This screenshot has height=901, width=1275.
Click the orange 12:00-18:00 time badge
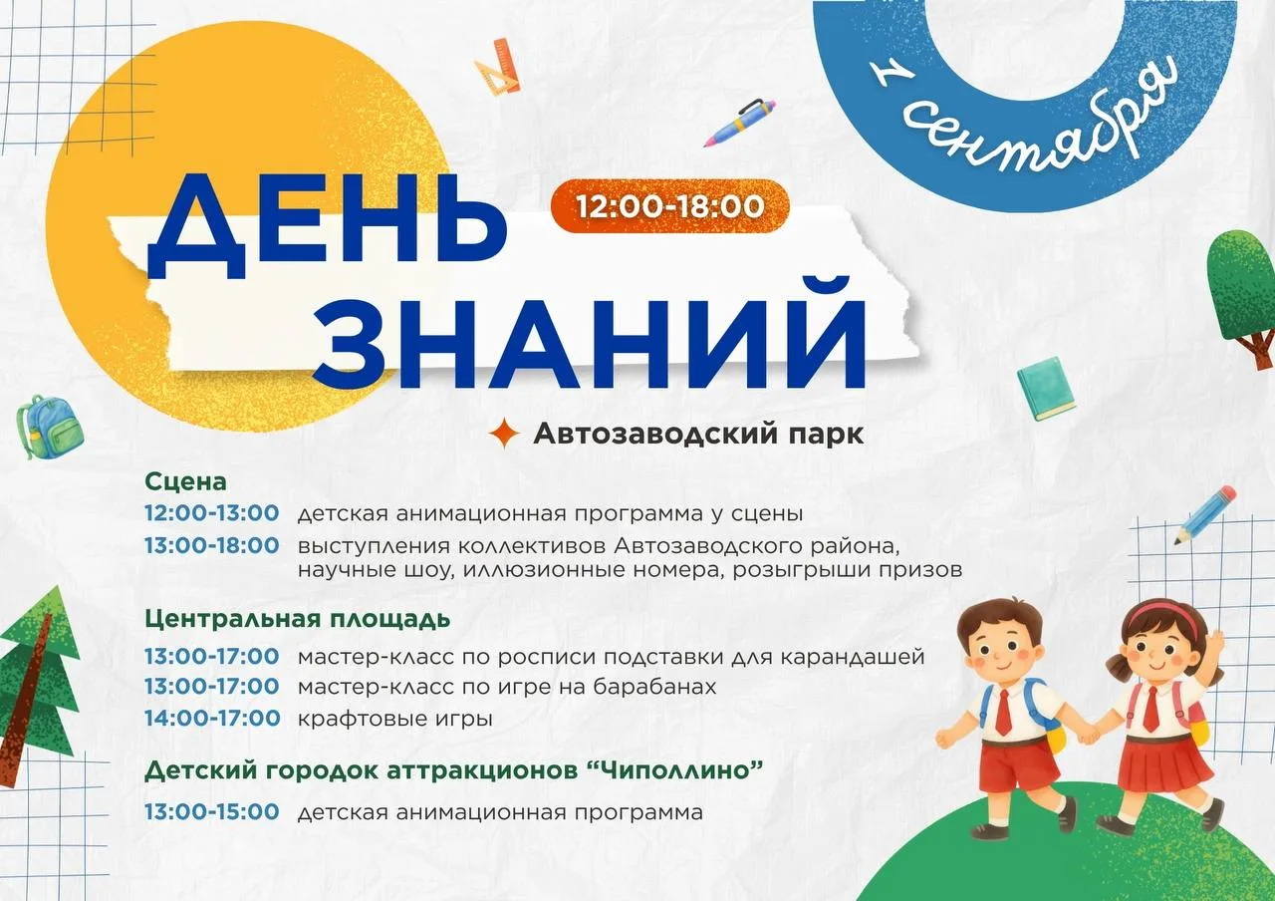(x=670, y=206)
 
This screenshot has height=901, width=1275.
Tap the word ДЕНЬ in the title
(x=327, y=226)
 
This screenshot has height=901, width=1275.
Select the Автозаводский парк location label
(x=698, y=434)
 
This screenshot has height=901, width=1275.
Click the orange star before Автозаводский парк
(x=504, y=433)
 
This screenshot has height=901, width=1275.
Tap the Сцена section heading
(x=185, y=481)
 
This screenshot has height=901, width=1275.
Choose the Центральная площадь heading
(x=297, y=619)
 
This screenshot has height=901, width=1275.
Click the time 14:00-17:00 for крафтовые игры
(x=212, y=719)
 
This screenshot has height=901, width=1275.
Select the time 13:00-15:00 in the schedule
(x=212, y=811)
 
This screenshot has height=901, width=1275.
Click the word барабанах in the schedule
(x=654, y=687)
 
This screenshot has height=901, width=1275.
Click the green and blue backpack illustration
(x=50, y=427)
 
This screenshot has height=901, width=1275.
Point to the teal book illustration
(x=1046, y=389)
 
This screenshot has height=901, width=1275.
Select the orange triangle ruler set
(x=498, y=66)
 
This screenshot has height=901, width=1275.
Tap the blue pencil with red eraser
(x=1205, y=515)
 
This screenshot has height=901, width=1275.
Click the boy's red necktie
(x=1003, y=712)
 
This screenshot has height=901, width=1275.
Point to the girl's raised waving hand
(x=1214, y=643)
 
